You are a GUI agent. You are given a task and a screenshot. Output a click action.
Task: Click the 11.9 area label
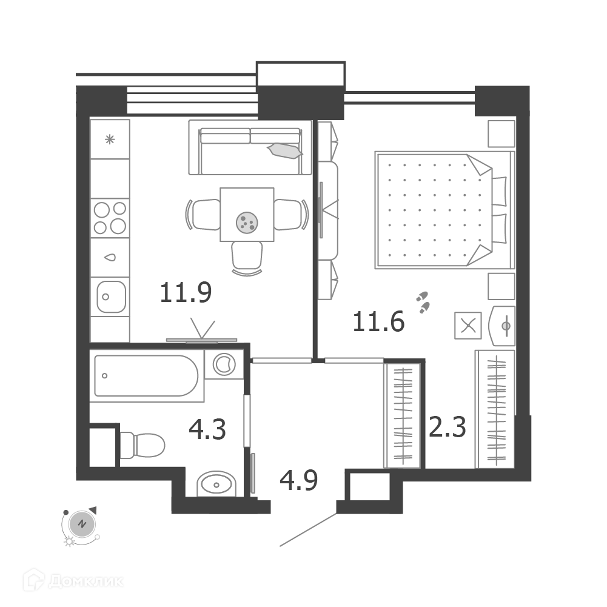[x=186, y=292]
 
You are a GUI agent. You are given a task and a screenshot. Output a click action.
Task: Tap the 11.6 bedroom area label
[x=378, y=321]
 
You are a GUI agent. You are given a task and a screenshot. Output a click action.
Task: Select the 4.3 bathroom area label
[x=207, y=429]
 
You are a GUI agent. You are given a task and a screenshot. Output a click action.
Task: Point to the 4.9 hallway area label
[x=298, y=480]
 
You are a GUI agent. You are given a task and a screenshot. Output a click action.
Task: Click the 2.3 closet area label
[x=447, y=427]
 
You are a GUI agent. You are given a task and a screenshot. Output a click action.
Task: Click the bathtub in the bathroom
[x=146, y=375]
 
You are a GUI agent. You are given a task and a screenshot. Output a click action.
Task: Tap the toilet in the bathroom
[x=142, y=445]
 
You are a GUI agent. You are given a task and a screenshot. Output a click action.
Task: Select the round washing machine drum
[x=224, y=364]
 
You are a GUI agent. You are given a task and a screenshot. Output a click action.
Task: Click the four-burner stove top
[x=110, y=218]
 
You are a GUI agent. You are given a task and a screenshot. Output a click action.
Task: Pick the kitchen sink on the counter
[x=111, y=297]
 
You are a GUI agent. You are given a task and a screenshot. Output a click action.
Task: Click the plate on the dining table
[x=247, y=223]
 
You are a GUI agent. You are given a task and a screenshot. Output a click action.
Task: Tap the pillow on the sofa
[x=285, y=150]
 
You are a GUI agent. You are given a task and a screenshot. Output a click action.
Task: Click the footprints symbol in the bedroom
[x=423, y=302]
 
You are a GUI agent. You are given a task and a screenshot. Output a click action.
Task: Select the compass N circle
[x=82, y=524]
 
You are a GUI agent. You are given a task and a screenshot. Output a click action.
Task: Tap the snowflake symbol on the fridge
[x=110, y=139]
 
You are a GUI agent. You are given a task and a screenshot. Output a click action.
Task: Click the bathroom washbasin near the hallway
[x=216, y=484]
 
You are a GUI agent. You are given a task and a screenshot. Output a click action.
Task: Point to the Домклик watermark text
[x=86, y=581]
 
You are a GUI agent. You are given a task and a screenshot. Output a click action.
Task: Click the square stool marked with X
[x=468, y=326]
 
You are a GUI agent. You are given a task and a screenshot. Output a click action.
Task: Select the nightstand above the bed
[x=501, y=133]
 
